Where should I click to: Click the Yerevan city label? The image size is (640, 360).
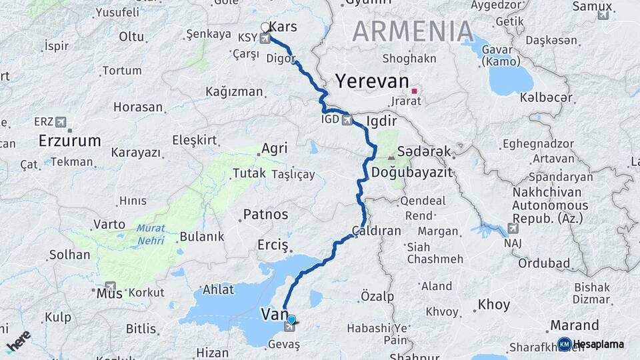click(x=371, y=81)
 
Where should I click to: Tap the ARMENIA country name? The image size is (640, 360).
click(x=413, y=32)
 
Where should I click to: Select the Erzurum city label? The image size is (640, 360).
click(x=69, y=141)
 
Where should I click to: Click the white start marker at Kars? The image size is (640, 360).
click(x=265, y=27)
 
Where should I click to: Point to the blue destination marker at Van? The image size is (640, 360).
click(x=291, y=319)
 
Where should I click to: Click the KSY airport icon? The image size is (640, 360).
click(x=266, y=39)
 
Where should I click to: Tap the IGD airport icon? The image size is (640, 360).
click(x=347, y=121)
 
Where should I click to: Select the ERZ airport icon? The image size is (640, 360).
click(x=62, y=122)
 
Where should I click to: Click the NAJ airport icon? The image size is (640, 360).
click(x=513, y=229)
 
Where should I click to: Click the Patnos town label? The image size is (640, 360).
click(x=265, y=215)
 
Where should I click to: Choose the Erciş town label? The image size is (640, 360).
click(x=272, y=245)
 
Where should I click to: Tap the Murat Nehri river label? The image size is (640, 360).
click(x=151, y=232)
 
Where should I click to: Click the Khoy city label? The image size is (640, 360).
click(x=493, y=305)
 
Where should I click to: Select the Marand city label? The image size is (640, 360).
click(x=574, y=325)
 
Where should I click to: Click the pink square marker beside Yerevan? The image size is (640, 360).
click(x=415, y=91)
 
